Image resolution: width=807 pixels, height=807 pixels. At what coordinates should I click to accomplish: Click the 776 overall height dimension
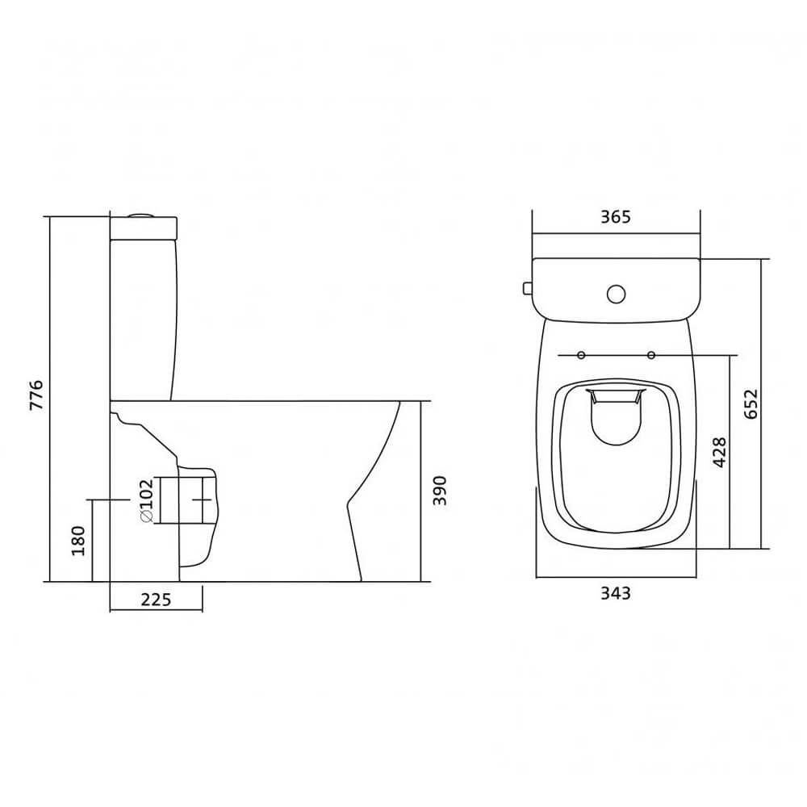pos(36,395)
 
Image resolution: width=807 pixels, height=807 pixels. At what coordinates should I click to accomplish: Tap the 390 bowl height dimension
pos(439,491)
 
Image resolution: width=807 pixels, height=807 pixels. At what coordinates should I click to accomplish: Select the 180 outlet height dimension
pos(78,541)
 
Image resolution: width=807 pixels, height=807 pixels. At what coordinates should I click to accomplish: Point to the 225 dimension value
pos(156,600)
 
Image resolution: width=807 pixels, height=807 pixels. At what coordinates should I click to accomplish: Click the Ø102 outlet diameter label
pos(147,501)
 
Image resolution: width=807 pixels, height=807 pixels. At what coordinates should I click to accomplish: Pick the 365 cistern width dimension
pos(616,217)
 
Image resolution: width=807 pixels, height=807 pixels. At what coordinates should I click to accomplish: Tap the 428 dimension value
pos(719,453)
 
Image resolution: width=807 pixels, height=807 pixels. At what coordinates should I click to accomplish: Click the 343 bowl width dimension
pos(616,593)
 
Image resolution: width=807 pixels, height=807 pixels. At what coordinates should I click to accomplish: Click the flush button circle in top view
pos(616,294)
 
